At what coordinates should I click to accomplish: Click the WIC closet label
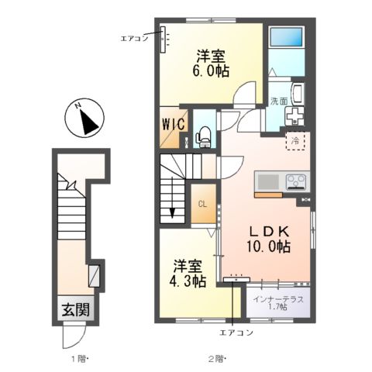[174, 124]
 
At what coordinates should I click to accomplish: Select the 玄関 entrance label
[76, 309]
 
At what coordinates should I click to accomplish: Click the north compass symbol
[84, 119]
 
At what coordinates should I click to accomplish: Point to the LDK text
[269, 232]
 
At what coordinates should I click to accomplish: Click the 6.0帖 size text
[211, 71]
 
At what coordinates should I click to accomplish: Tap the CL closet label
[202, 204]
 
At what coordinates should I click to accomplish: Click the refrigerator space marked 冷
[295, 141]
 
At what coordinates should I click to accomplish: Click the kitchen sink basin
[268, 181]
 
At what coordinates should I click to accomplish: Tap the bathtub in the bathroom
[286, 39]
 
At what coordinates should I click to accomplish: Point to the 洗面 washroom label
[279, 101]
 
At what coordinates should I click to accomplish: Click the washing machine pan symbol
[294, 115]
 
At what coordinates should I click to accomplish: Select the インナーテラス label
[278, 300]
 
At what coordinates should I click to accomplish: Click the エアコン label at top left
[134, 39]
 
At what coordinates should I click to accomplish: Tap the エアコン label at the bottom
[236, 332]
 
